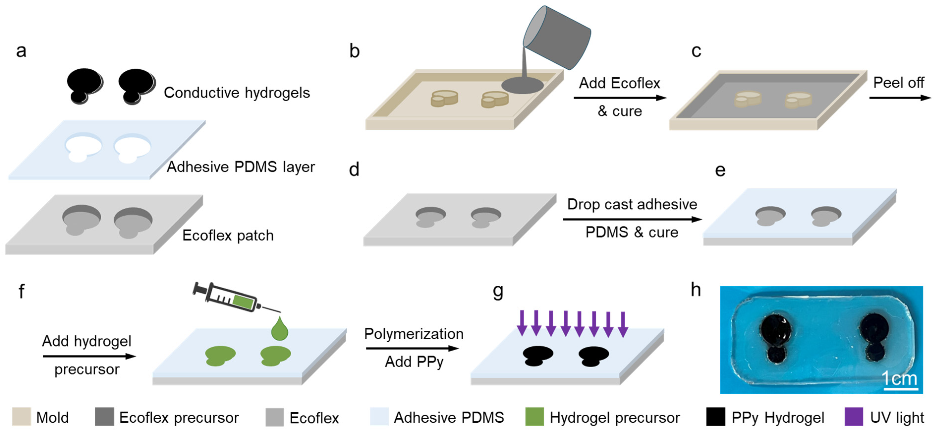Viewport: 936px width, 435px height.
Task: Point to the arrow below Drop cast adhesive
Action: coord(632,219)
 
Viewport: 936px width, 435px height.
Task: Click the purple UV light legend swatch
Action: coord(853,417)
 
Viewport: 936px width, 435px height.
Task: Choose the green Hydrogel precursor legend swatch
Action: coord(534,417)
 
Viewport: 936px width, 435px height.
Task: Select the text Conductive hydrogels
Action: coord(237,93)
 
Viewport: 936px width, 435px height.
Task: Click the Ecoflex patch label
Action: coord(228,236)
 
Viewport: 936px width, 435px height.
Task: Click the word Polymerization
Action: coord(414,334)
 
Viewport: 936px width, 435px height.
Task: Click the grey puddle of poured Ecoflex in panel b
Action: coord(522,86)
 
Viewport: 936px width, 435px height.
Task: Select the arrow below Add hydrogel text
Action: coord(89,356)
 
